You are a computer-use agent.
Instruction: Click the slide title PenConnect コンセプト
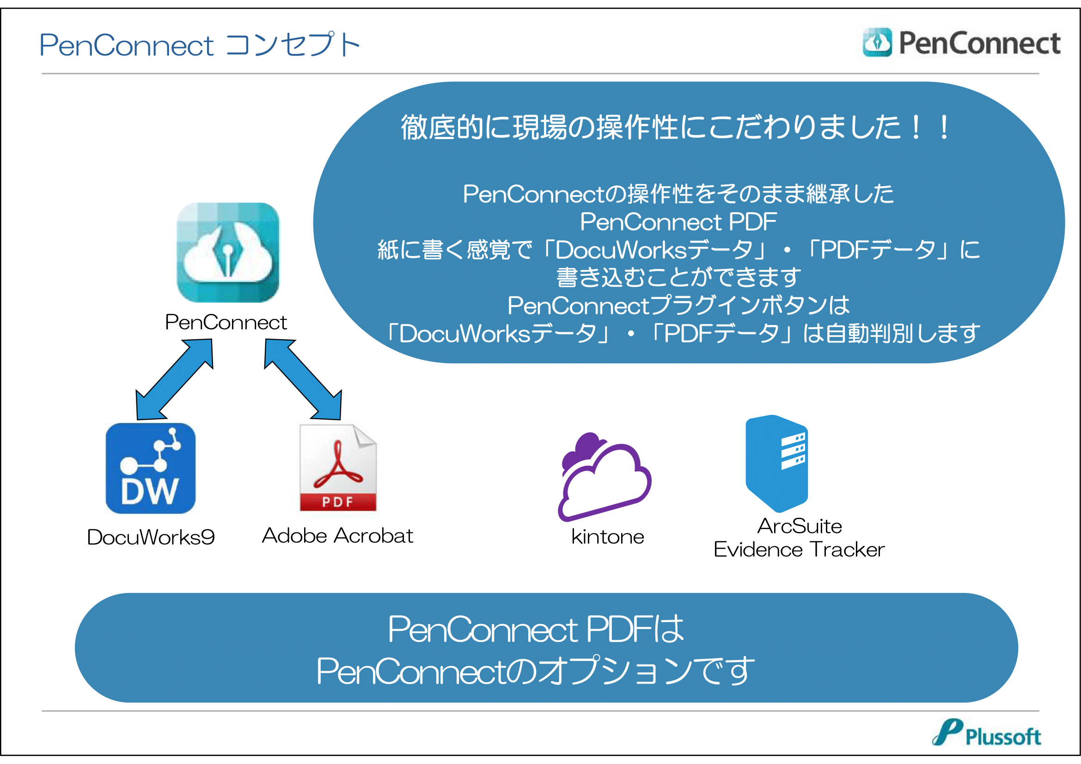(200, 45)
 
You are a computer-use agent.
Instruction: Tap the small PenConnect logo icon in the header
(877, 43)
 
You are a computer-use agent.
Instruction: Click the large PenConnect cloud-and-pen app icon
(228, 252)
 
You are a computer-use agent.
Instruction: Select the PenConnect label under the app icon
(226, 323)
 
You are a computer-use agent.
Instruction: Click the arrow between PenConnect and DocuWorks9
(175, 379)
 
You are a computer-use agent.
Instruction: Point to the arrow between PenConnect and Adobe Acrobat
(303, 379)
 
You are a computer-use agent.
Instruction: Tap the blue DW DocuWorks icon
(151, 468)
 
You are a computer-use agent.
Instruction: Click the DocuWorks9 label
(151, 537)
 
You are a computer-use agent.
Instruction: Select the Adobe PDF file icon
(338, 468)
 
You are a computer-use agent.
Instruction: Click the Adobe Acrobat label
(337, 536)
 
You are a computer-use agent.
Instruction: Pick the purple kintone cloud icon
(605, 477)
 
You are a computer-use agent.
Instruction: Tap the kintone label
(608, 537)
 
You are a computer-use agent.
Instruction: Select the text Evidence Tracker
(800, 550)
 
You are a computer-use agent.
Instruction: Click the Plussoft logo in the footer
(986, 733)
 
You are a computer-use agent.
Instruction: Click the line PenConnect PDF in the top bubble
(678, 222)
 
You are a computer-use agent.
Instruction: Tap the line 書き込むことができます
(678, 277)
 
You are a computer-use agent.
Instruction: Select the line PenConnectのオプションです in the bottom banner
(535, 671)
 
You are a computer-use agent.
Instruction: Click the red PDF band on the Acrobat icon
(338, 502)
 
